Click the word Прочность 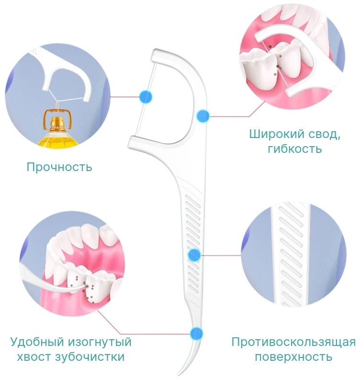pos(59,167)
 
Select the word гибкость pos(295,149)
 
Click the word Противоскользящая pos(293,342)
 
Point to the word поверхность pos(293,356)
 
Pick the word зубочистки pos(90,357)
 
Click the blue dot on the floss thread pos(146,97)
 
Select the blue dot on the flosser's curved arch pos(203,116)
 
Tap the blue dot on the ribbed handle pos(194,255)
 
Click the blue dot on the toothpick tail pos(196,333)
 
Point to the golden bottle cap pos(58,122)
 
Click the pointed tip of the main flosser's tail pos(178,374)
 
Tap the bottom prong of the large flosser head pos(145,143)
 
